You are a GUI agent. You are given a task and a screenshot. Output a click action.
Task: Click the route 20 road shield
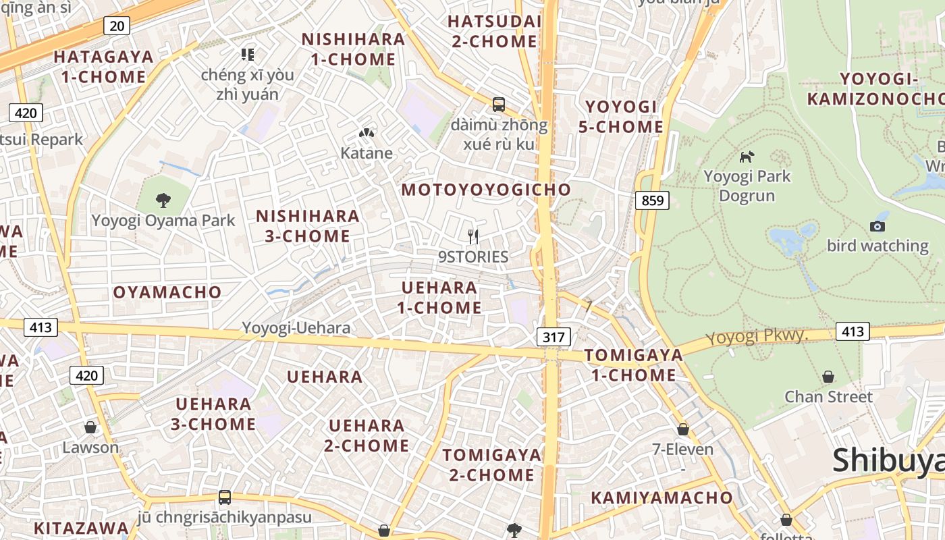tap(117, 26)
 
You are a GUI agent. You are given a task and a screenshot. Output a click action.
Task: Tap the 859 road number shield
tap(653, 200)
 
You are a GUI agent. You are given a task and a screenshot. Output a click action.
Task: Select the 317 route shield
tap(554, 336)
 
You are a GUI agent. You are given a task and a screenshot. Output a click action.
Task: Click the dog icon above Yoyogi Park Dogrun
tap(747, 157)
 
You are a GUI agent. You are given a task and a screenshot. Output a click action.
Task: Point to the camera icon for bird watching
tap(878, 226)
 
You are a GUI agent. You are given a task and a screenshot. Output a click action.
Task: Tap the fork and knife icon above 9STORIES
tap(473, 236)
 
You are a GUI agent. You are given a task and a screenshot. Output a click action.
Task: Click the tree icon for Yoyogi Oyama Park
tap(163, 200)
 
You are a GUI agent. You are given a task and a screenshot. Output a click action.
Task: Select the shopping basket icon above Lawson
tap(90, 427)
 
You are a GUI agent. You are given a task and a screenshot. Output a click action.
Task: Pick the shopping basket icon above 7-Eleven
tap(683, 429)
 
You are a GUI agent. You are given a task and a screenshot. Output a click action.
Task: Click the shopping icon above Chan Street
tap(828, 377)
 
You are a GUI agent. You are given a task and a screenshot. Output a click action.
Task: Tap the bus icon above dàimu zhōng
tap(499, 104)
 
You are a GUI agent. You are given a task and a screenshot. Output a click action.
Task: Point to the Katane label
tap(367, 153)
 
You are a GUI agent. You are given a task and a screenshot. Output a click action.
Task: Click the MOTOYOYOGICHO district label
tap(486, 190)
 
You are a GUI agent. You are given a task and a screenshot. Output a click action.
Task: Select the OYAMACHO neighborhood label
tap(167, 292)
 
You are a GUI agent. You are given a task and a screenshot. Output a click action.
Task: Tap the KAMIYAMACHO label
tap(661, 498)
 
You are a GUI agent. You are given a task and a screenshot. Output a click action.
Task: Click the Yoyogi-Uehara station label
tap(296, 328)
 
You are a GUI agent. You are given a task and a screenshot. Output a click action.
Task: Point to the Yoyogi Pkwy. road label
tap(757, 335)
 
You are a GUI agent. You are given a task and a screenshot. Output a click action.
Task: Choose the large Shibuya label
tap(888, 460)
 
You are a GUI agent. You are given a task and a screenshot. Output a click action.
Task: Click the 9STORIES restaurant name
tap(473, 256)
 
